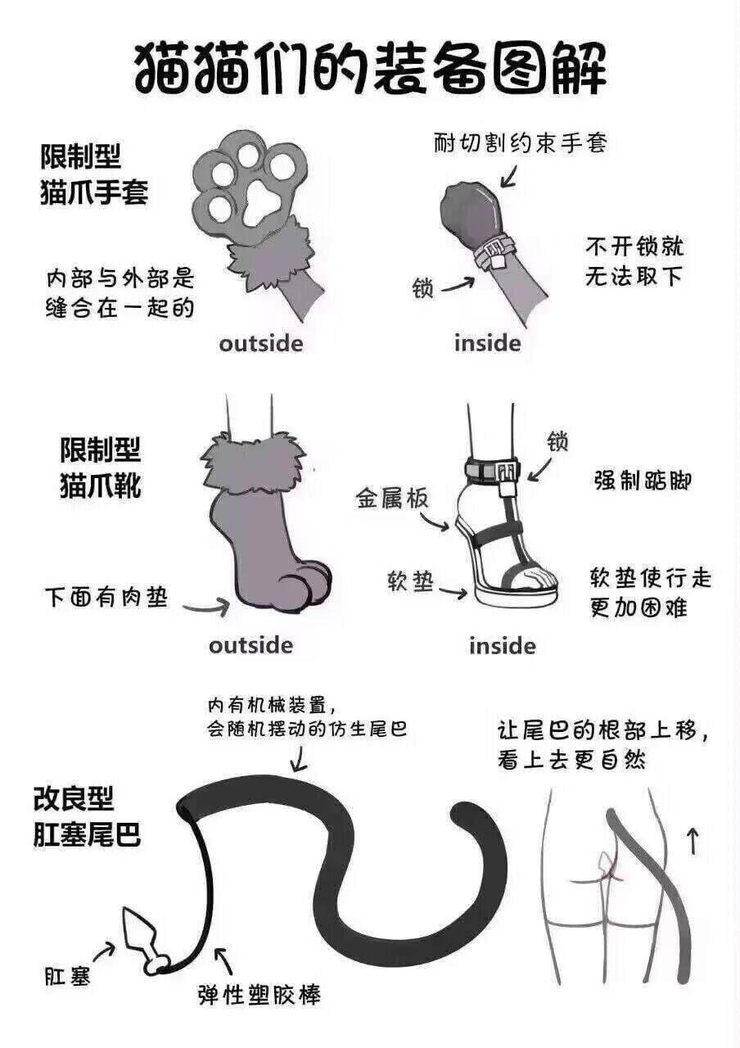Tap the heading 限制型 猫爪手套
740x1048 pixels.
(94, 174)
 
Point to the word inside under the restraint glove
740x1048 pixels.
(487, 343)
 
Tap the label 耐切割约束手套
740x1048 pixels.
(520, 143)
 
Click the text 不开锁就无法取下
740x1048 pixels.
(634, 262)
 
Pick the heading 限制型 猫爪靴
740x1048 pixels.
(100, 468)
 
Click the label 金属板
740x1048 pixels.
(392, 499)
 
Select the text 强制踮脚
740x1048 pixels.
(643, 480)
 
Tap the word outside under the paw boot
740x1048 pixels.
(250, 645)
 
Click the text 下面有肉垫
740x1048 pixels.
(106, 597)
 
